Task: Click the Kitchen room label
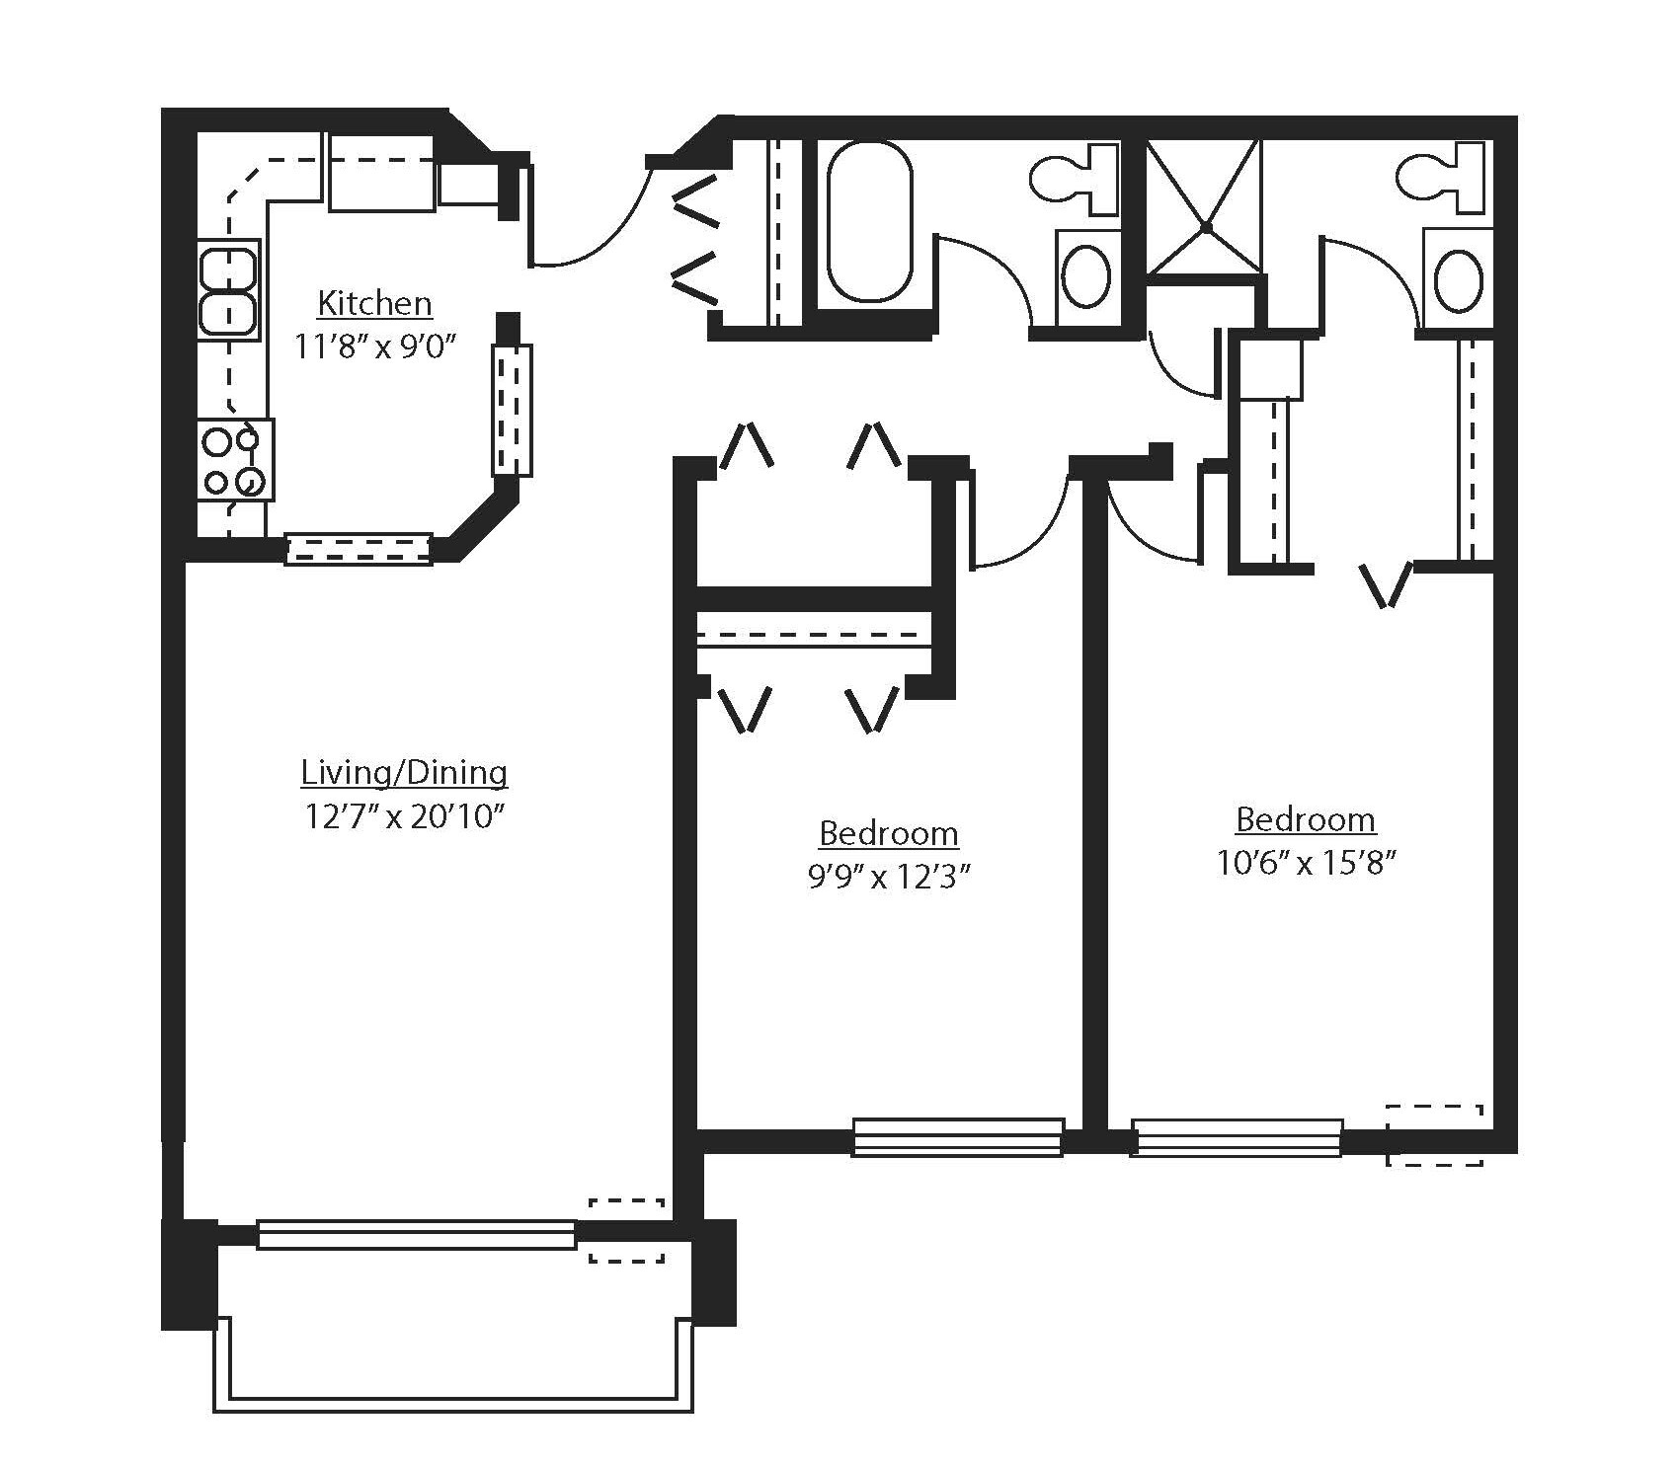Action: click(x=374, y=303)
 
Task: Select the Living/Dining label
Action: click(x=404, y=772)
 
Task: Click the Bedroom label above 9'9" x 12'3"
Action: click(x=889, y=833)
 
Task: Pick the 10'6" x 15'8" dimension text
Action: click(x=1306, y=864)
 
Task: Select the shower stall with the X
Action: click(x=1206, y=207)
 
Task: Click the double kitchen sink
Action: click(x=228, y=290)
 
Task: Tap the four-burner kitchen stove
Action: click(x=234, y=460)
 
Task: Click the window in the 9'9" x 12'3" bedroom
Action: click(x=958, y=1136)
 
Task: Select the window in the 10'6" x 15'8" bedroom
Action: click(x=1237, y=1136)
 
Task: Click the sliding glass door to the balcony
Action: click(x=416, y=1234)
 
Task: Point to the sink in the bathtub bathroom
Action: click(x=1087, y=278)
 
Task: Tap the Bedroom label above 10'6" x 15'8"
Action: click(x=1306, y=819)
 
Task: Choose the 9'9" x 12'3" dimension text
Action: click(x=885, y=878)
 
